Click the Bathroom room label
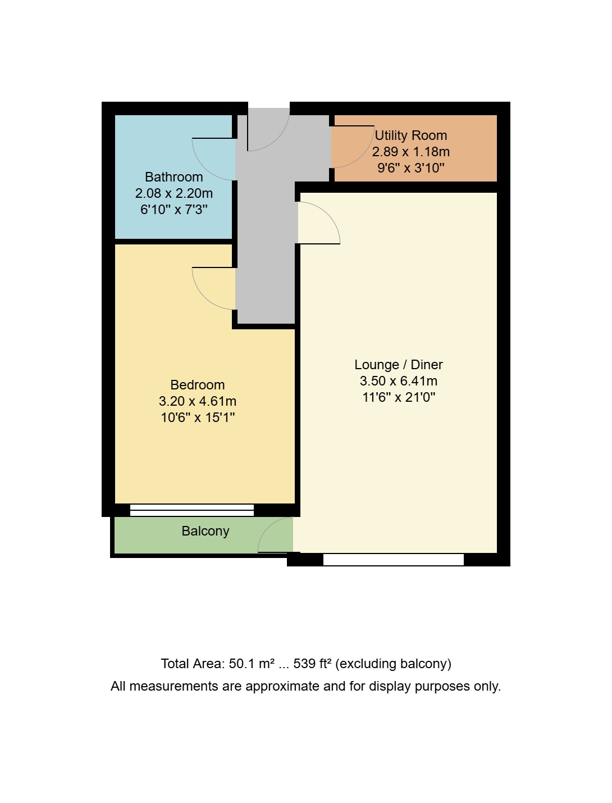(173, 177)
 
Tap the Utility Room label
(410, 135)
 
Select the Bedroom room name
(197, 385)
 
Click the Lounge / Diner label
(398, 365)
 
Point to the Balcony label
(205, 531)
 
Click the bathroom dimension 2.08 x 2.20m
(173, 193)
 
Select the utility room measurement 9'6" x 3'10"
(410, 167)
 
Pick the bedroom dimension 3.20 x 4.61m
(197, 401)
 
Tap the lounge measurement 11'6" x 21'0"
(398, 397)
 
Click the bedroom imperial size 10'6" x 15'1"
(197, 418)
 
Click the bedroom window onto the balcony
(191, 510)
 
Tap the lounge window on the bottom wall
(393, 559)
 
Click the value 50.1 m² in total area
(252, 664)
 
